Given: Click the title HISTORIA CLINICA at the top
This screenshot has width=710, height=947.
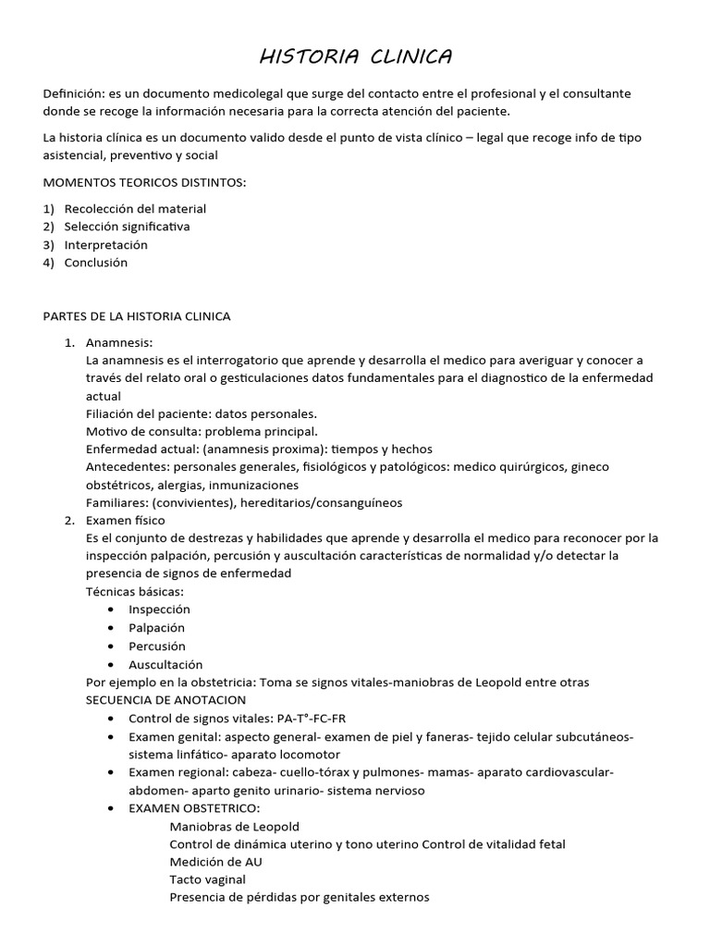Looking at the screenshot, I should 356,57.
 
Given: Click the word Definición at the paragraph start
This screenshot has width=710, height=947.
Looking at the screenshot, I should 73,94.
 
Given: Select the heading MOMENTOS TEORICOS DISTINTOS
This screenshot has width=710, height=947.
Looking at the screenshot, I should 145,182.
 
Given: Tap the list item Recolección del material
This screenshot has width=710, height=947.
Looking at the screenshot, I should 135,209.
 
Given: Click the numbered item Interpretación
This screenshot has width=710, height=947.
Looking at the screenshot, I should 105,245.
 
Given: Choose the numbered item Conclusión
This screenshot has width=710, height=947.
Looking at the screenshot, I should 96,263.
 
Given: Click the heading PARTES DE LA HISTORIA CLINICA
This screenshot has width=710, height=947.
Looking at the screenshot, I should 137,316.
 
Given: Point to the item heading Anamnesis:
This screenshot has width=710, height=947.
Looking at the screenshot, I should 118,342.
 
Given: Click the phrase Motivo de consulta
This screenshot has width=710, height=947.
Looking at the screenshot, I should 141,432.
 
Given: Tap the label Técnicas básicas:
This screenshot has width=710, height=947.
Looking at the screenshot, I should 134,592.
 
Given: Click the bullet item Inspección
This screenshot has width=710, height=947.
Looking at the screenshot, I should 159,609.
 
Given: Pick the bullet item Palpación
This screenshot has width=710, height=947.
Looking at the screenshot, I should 156,628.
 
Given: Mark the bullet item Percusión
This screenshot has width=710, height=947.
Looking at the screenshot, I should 157,646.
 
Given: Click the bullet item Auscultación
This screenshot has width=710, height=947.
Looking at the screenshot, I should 165,664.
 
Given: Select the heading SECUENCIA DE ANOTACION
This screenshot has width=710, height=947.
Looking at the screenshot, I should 165,700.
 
